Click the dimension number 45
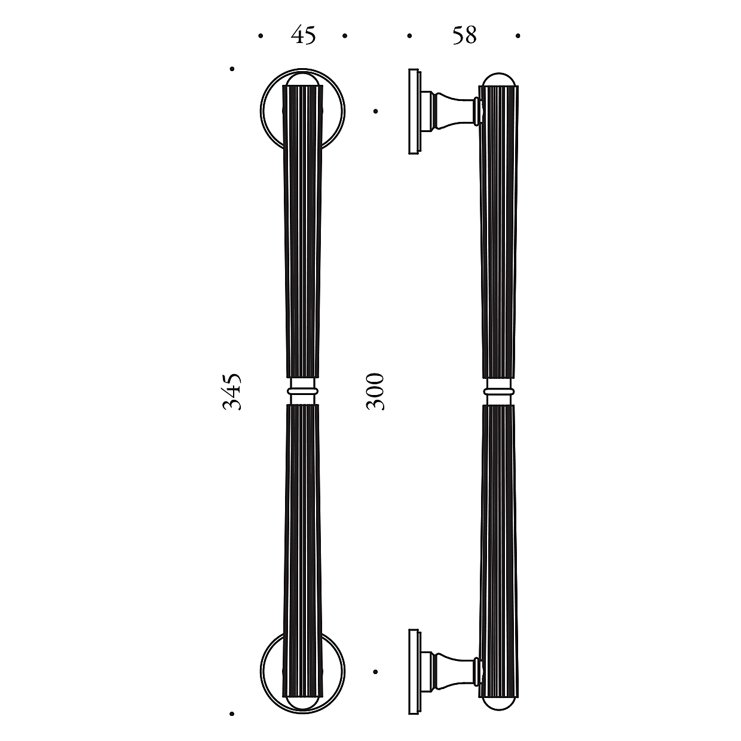tap(304, 35)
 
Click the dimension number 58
tap(464, 35)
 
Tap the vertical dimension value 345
tap(232, 391)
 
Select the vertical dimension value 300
tap(375, 391)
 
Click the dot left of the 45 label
tap(261, 36)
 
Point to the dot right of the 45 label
tap(345, 36)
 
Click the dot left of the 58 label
tap(409, 36)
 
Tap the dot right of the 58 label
tap(518, 36)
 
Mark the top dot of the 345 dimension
tap(232, 69)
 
